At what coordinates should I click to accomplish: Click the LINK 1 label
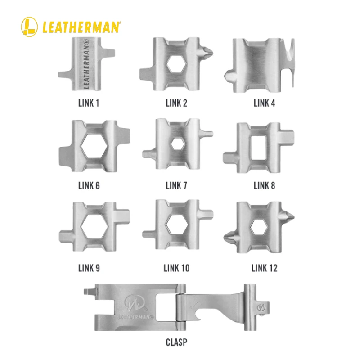(88, 103)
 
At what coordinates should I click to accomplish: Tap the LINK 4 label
(264, 103)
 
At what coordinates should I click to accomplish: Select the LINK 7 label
(176, 185)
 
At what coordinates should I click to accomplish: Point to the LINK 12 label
(264, 269)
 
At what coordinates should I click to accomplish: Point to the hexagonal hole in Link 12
(259, 228)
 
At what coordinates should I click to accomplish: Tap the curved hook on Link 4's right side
(289, 58)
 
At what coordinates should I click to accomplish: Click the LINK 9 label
(89, 269)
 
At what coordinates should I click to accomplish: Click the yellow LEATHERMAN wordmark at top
(81, 26)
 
